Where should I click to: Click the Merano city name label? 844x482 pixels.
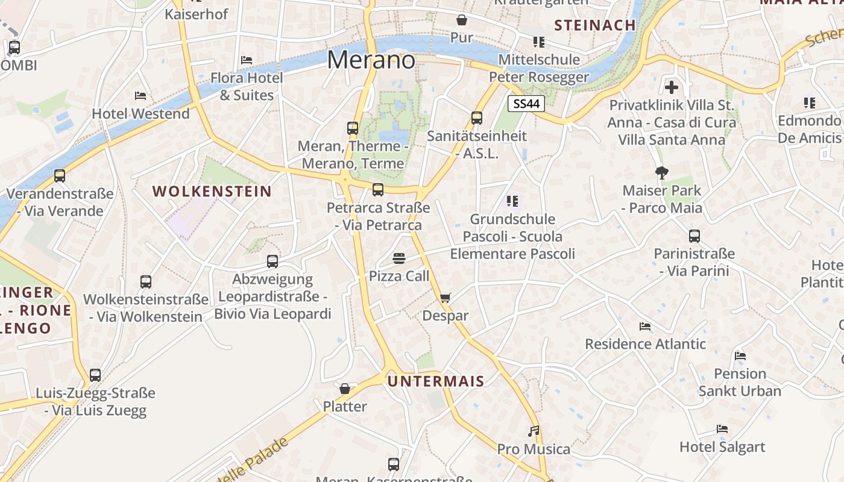coord(371,60)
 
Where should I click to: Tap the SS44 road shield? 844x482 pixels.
coord(526,104)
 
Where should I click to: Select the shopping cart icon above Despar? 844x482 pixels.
coord(446,298)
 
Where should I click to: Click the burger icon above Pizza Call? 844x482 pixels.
coord(398,258)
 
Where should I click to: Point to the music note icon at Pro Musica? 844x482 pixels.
coord(534,431)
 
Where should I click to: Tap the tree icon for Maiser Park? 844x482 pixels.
coord(662,173)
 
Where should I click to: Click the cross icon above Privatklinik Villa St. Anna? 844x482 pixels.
coord(672,87)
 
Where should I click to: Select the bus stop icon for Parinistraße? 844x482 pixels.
coord(694,236)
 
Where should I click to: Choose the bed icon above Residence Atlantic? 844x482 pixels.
coord(645,327)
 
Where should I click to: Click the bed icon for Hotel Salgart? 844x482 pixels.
coord(722,429)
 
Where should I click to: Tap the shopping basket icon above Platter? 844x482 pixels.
coord(345,389)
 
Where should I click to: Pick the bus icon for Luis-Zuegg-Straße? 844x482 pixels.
coord(95,375)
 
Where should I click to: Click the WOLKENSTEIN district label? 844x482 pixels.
coord(212,192)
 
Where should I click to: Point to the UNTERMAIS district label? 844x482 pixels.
coord(435,381)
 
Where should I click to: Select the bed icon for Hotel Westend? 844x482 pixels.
coord(140,95)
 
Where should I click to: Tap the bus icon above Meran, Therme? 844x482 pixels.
coord(353,128)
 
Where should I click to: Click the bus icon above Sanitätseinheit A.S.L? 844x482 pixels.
coord(477,117)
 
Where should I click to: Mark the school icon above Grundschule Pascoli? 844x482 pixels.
coord(512,201)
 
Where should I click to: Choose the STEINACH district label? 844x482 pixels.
coord(594,25)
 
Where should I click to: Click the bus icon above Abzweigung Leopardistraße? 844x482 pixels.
coord(272,261)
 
